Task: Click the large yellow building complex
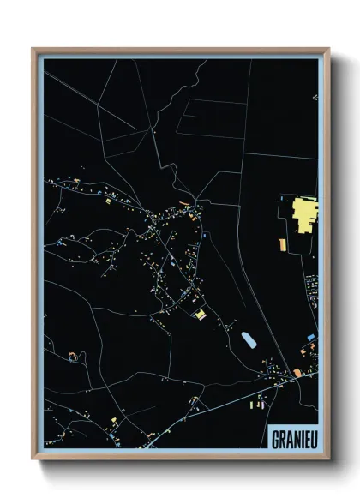[303, 214]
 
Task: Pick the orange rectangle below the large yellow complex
[304, 246]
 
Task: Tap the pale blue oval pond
[248, 340]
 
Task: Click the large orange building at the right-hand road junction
[297, 373]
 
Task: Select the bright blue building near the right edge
[311, 337]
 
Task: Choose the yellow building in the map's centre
[200, 315]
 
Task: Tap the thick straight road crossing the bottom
[214, 403]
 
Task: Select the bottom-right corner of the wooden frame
[328, 459]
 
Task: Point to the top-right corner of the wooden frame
[328, 50]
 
